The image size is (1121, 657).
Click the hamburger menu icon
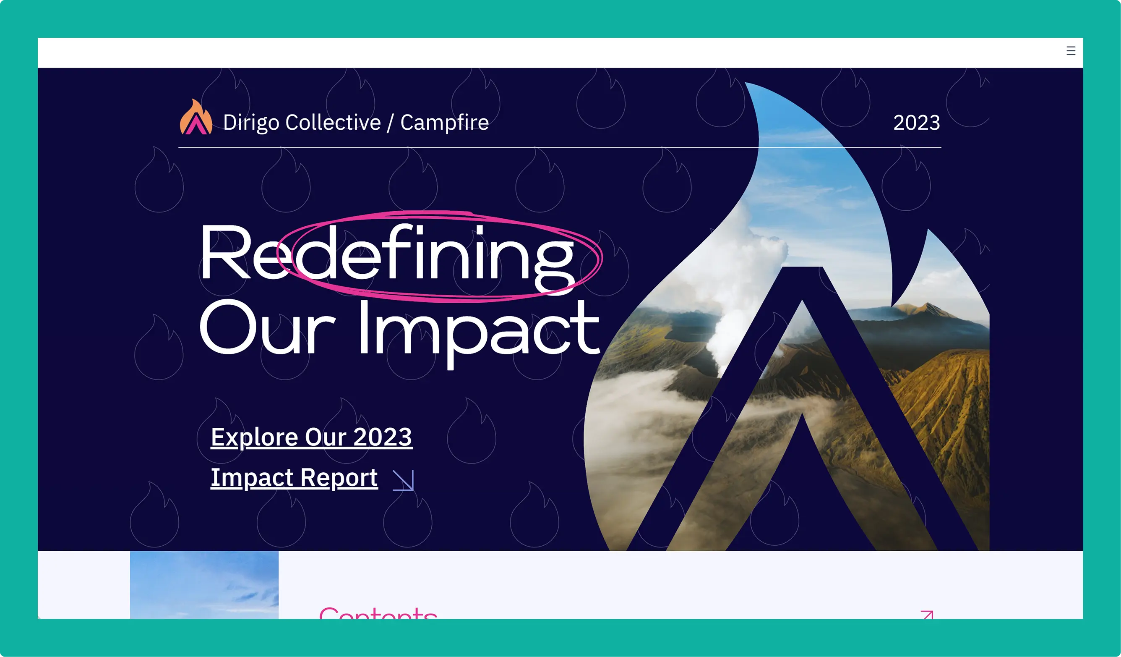click(x=1071, y=51)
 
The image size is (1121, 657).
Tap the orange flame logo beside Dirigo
click(x=196, y=118)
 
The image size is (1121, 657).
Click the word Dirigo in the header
click(x=251, y=123)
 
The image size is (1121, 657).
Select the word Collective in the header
click(x=333, y=123)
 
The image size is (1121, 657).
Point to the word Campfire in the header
click(x=444, y=123)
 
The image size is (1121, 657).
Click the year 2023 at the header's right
click(x=916, y=123)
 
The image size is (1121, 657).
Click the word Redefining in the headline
click(x=387, y=254)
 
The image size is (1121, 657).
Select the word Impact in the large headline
click(x=478, y=330)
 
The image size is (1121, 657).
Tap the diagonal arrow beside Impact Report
click(x=404, y=480)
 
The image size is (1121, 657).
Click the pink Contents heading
click(x=378, y=613)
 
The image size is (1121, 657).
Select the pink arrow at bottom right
click(x=927, y=615)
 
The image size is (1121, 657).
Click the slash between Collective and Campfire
click(x=390, y=123)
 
